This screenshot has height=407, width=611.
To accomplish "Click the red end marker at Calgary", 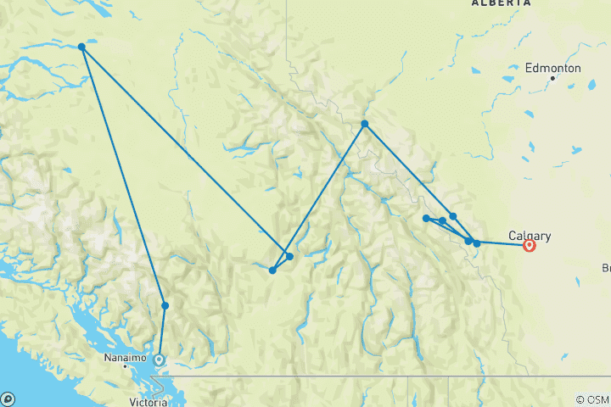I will click(530, 246).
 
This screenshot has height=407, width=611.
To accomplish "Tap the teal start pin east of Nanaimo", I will click(159, 360).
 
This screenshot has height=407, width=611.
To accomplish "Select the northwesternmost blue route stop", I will click(81, 47).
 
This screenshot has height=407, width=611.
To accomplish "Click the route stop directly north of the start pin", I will click(165, 305).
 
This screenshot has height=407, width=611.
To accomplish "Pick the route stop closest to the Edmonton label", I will click(365, 124).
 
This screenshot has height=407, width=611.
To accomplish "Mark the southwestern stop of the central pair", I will click(272, 270).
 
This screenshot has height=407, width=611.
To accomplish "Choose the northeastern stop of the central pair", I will click(289, 256).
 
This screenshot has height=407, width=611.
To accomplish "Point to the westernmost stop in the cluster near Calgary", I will click(426, 218).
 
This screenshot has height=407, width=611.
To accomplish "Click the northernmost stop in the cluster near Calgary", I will click(453, 216).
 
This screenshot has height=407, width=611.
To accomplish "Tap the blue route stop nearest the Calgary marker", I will click(477, 243).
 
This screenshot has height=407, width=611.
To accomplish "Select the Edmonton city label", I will click(552, 67).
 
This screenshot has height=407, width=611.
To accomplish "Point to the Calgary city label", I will click(530, 235).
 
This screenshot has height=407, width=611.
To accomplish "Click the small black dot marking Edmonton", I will click(552, 78).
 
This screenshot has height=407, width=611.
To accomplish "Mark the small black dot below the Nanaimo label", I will click(126, 366).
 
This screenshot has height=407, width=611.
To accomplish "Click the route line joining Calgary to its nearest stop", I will click(503, 245).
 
